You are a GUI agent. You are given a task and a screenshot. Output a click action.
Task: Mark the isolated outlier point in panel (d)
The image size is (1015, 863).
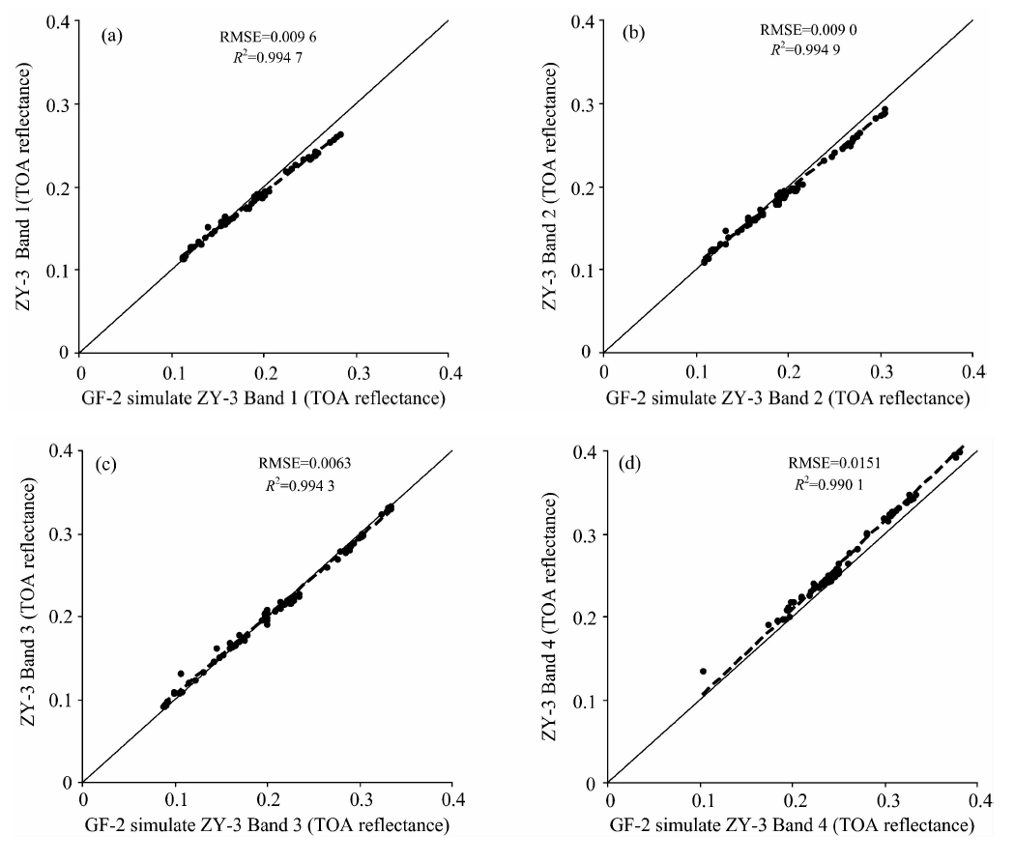point(703,671)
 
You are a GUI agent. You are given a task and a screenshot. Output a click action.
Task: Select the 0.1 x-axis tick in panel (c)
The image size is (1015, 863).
point(176,802)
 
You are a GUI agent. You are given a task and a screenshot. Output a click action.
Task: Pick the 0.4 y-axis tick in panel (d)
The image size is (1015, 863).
point(583,450)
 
